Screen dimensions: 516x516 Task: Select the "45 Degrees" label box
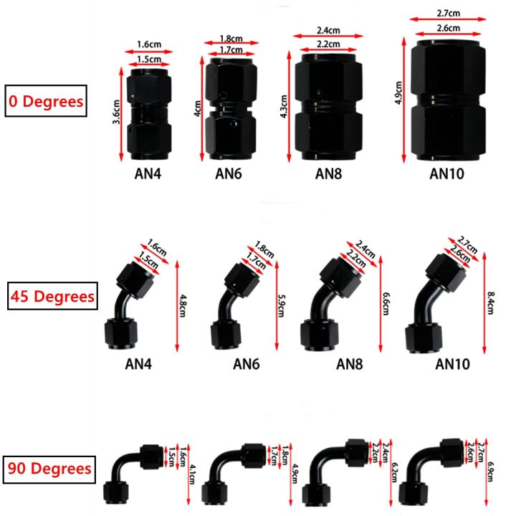pos(52,295)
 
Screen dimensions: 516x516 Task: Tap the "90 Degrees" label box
pos(50,469)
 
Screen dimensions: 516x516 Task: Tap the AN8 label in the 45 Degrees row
pos(350,364)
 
